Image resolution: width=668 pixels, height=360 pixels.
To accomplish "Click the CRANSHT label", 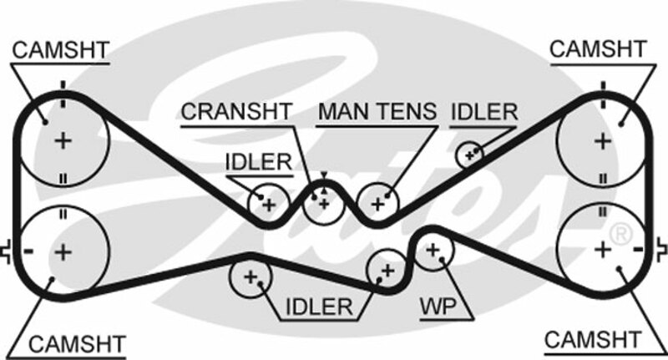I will (237, 111).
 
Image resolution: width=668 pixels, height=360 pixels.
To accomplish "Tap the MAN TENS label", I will (378, 111).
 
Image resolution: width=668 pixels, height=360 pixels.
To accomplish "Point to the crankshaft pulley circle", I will (323, 203).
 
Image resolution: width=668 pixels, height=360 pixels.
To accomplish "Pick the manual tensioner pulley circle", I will (377, 203).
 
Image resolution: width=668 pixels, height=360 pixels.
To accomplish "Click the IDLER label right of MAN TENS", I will (485, 111).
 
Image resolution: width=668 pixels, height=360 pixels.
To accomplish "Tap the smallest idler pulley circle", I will (470, 154).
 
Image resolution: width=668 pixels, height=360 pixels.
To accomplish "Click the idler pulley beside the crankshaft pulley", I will (268, 203).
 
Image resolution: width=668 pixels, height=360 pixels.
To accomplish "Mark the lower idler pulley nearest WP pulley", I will (387, 270).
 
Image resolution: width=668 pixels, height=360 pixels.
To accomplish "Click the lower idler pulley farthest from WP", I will (250, 276).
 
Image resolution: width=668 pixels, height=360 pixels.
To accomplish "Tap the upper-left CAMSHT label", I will (61, 50).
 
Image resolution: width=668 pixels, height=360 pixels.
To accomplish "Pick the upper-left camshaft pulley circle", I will (63, 139).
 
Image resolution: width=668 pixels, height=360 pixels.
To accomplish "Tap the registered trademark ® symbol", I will (620, 235).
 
